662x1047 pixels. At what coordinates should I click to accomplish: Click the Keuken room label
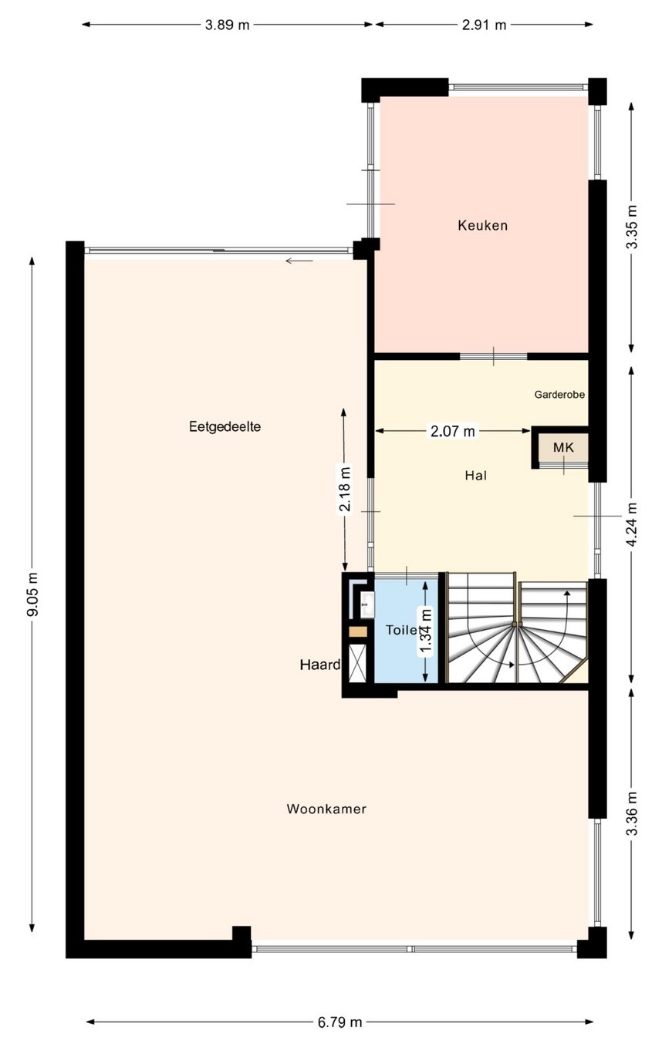[x=482, y=225]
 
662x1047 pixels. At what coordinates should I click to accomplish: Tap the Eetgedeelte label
[x=225, y=427]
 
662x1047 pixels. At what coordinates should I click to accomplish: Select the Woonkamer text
[x=326, y=809]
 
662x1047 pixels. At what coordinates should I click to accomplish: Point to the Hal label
[x=476, y=476]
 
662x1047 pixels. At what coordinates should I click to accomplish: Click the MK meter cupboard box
[x=563, y=447]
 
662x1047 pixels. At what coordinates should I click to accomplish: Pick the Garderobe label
[x=559, y=395]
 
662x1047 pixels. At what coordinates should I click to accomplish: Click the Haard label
[x=320, y=665]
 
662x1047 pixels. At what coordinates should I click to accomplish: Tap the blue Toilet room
[x=406, y=631]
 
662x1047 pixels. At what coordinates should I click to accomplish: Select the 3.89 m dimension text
[x=228, y=25]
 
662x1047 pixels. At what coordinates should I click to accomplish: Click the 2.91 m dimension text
[x=485, y=25]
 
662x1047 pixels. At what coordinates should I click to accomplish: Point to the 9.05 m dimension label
[x=32, y=594]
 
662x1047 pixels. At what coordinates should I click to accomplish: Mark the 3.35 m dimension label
[x=632, y=227]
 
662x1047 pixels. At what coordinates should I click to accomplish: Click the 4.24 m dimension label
[x=632, y=523]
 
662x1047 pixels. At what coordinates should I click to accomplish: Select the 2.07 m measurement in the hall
[x=452, y=431]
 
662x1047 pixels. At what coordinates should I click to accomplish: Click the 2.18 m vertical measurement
[x=345, y=490]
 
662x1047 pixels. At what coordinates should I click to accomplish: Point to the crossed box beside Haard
[x=357, y=663]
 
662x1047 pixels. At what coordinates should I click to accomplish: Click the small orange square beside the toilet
[x=357, y=631]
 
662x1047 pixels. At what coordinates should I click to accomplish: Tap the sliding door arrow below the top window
[x=299, y=261]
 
